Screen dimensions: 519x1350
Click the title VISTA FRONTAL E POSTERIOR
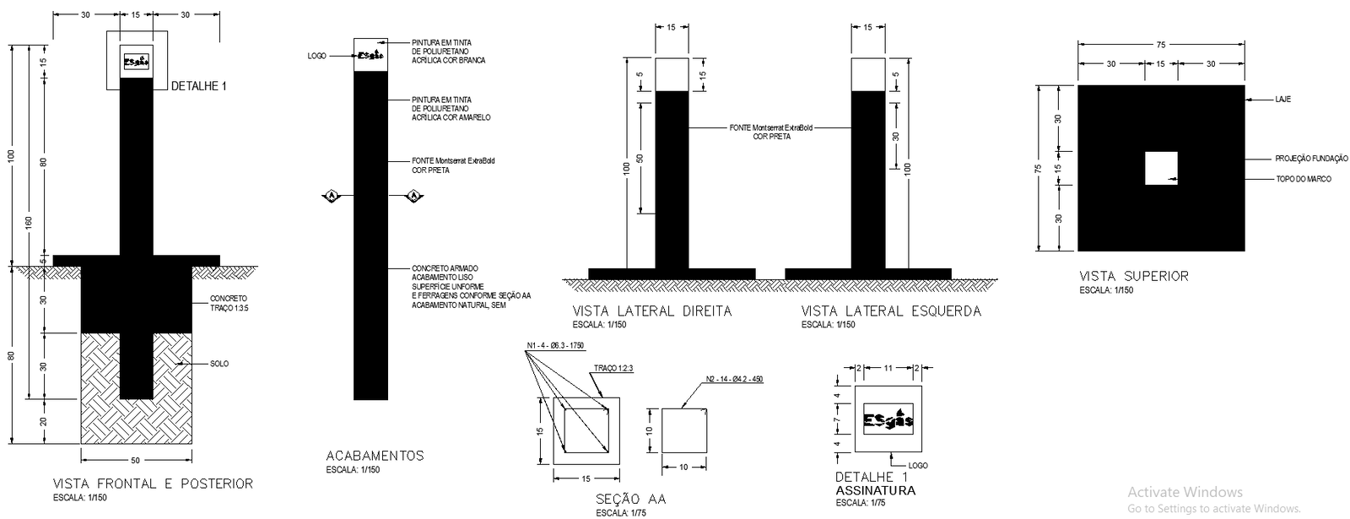click(153, 484)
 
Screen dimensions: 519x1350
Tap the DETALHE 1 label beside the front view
click(199, 86)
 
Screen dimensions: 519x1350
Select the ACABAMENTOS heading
click(375, 456)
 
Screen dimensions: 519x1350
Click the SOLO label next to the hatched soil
click(219, 364)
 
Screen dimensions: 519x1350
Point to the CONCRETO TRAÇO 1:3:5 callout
click(229, 303)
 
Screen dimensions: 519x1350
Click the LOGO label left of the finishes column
click(317, 56)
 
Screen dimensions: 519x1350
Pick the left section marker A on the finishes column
click(332, 197)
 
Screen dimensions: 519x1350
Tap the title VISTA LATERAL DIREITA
click(652, 311)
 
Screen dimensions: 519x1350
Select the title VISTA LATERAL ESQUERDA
click(891, 311)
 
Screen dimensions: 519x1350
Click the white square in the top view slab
click(1160, 168)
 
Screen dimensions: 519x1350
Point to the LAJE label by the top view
click(1282, 100)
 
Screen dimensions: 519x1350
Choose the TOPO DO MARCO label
click(1303, 179)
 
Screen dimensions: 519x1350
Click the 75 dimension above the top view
click(1161, 45)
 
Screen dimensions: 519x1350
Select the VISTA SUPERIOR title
click(1134, 276)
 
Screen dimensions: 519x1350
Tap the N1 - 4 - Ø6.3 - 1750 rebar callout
click(555, 346)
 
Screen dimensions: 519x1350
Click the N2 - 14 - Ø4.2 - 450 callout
click(733, 380)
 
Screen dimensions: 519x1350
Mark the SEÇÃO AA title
click(630, 499)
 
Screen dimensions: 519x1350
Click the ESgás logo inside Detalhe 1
click(888, 419)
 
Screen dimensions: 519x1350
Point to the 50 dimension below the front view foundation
click(136, 461)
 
